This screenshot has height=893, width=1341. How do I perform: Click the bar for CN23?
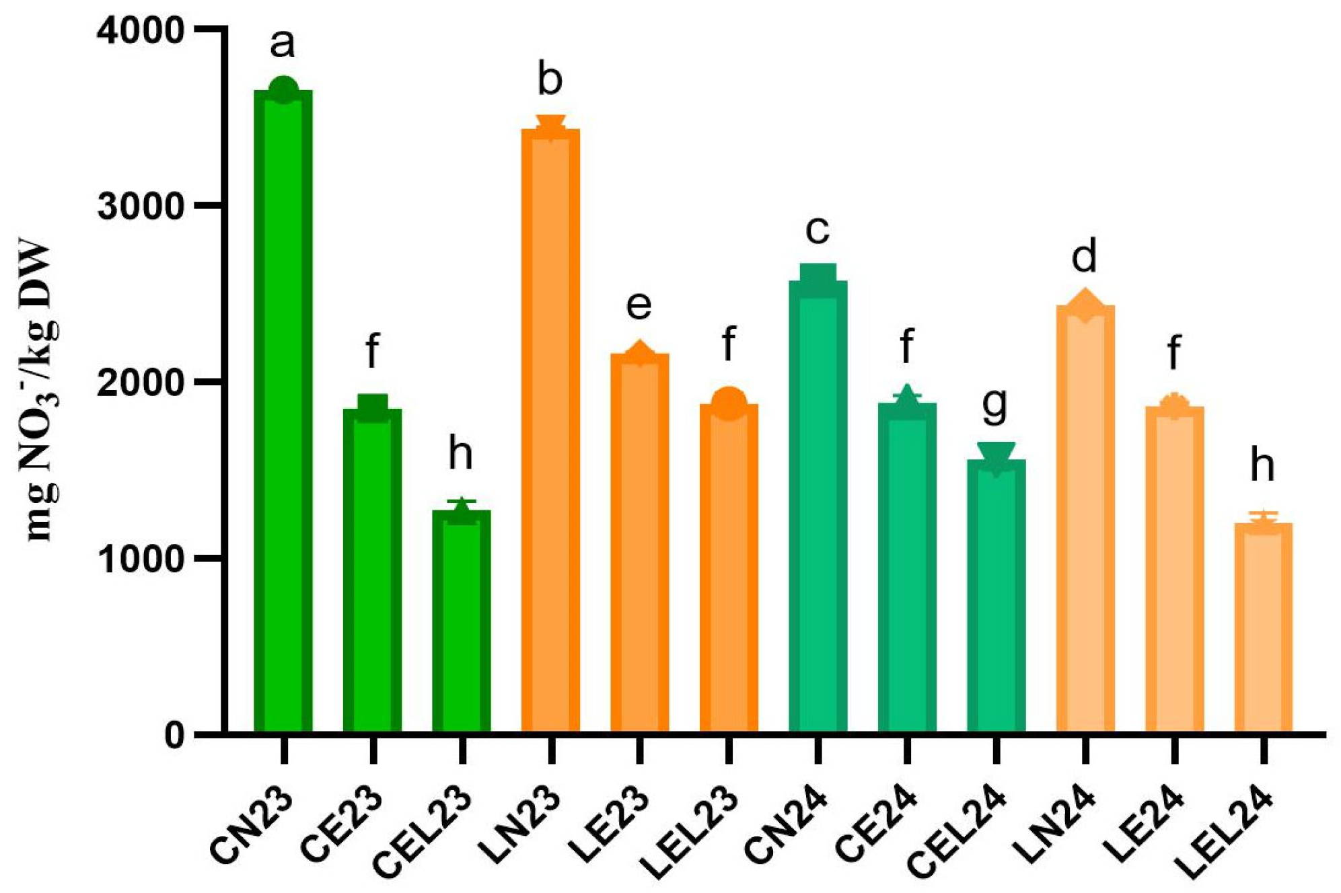(283, 410)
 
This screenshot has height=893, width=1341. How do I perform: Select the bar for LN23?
(550, 430)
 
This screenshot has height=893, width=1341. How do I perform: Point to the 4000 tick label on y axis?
(140, 31)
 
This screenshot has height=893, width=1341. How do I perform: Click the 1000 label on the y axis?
(140, 559)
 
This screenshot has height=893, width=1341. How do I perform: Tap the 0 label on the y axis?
(174, 735)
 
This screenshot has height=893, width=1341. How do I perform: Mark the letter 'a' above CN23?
(283, 44)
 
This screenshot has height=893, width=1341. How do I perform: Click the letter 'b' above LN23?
(550, 79)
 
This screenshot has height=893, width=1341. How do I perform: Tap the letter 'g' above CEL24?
(995, 405)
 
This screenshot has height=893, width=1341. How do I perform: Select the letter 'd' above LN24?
(1084, 256)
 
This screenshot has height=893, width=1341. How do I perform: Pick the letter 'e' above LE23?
(639, 305)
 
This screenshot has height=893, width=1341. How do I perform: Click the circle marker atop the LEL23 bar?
(729, 403)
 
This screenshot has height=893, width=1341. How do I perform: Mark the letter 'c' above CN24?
(817, 230)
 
